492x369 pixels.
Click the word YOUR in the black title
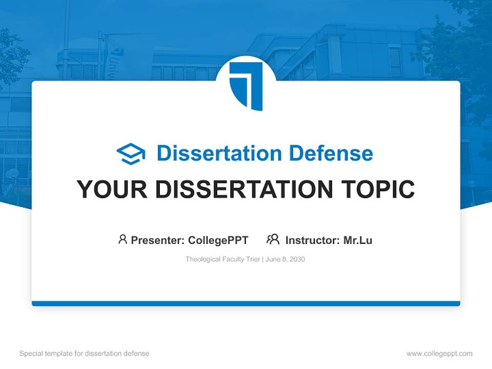(112, 190)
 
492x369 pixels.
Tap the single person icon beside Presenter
(122, 239)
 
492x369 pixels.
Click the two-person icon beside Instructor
(273, 239)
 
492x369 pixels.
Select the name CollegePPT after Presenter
(218, 240)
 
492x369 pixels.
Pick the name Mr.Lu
(358, 240)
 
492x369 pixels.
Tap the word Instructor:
(313, 240)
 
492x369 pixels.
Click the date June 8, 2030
(285, 259)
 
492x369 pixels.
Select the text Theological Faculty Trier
(223, 259)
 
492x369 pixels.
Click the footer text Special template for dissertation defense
(85, 354)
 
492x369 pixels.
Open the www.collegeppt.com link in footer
(439, 354)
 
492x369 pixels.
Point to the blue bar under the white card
(246, 303)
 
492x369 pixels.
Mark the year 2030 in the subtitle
(297, 259)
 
